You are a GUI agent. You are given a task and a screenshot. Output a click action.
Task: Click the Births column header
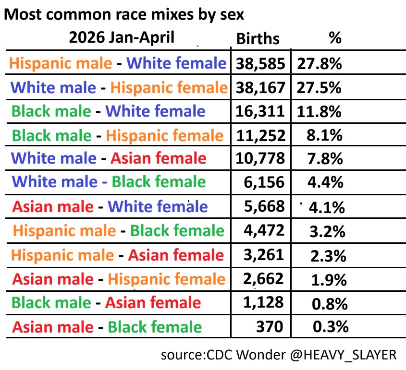(x=258, y=39)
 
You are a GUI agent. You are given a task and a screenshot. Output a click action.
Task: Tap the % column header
(x=335, y=38)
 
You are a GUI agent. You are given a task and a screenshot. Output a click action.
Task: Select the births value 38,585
(x=260, y=64)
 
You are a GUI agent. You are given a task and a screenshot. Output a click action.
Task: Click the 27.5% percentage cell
(x=319, y=88)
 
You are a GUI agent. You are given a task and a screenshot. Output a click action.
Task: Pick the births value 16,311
(x=260, y=111)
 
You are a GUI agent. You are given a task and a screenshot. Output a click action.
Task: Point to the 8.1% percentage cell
(x=324, y=135)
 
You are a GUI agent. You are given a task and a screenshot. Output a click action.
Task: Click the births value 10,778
(x=260, y=158)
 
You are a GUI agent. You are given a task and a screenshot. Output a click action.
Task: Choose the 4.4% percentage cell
(x=325, y=182)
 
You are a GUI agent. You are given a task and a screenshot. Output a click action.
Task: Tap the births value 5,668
(x=264, y=206)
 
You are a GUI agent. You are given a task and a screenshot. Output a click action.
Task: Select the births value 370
(x=270, y=326)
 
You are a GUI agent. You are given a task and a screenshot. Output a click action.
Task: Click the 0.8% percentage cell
(x=330, y=304)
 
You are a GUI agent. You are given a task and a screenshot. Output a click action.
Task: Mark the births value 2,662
(x=263, y=279)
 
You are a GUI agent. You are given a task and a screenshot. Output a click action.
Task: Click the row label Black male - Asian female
(x=106, y=302)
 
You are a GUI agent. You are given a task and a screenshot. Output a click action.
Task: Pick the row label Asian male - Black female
(x=107, y=327)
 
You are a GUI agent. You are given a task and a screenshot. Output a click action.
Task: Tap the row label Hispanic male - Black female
(x=119, y=230)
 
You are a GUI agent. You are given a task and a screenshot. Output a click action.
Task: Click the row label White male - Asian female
(x=109, y=158)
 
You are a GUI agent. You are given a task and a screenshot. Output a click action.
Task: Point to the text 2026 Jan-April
(x=122, y=37)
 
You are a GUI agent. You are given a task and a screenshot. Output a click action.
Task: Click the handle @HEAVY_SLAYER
(x=344, y=355)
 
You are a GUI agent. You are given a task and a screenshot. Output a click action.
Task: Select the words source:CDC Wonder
(x=223, y=355)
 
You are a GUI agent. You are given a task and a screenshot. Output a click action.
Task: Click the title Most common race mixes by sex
(x=124, y=14)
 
